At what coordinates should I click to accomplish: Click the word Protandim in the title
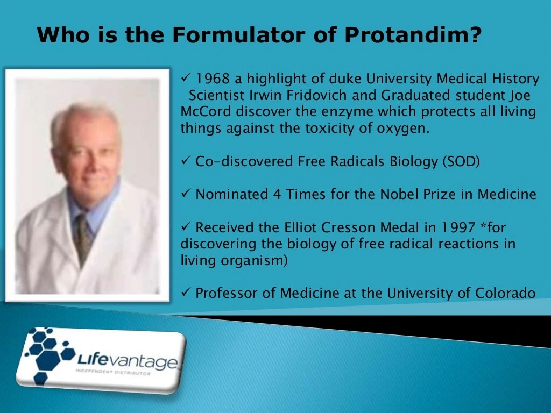tap(412, 35)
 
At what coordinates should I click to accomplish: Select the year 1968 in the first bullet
tap(213, 79)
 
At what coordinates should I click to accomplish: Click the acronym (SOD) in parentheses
tap(460, 161)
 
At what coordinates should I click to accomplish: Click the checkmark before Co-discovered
tap(186, 161)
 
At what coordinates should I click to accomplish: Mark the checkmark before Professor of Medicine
tap(186, 293)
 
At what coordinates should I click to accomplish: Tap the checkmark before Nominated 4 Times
tap(186, 194)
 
